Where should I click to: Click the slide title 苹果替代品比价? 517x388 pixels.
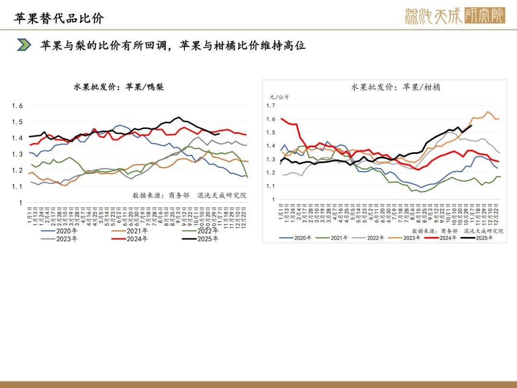pyautogui.click(x=59, y=18)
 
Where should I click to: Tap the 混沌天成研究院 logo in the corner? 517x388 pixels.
pyautogui.click(x=454, y=16)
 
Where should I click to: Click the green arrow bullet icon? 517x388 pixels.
pyautogui.click(x=24, y=46)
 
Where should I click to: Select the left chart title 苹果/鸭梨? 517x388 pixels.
pyautogui.click(x=118, y=87)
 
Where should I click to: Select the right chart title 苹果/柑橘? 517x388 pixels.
pyautogui.click(x=396, y=87)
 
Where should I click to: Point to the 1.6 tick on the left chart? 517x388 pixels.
pyautogui.click(x=18, y=106)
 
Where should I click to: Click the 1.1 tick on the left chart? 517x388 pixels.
pyautogui.click(x=18, y=186)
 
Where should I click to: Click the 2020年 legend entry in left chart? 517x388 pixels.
pyautogui.click(x=62, y=231)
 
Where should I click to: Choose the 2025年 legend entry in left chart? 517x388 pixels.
pyautogui.click(x=202, y=239)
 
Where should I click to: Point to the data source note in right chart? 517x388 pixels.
pyautogui.click(x=464, y=231)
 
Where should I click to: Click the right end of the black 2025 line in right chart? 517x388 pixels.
pyautogui.click(x=472, y=126)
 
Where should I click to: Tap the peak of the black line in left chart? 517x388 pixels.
pyautogui.click(x=179, y=117)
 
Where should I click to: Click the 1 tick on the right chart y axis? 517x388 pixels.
pyautogui.click(x=273, y=199)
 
